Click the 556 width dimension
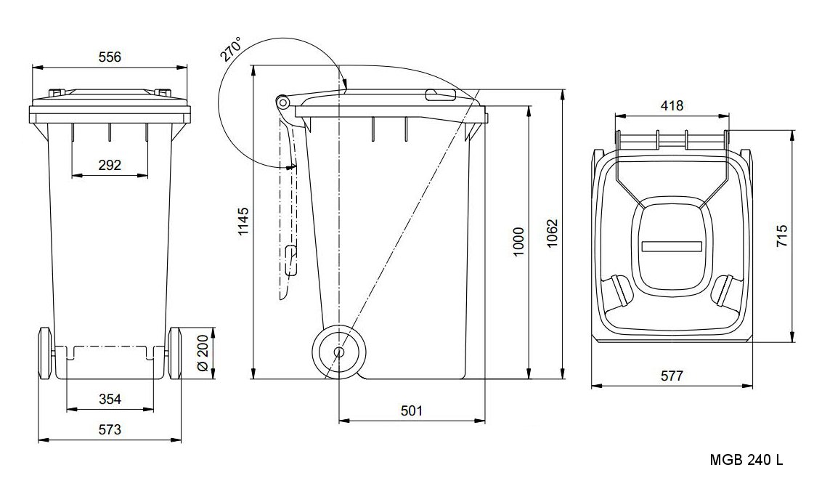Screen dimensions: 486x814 pyautogui.click(x=109, y=57)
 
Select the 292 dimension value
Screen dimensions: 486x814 pyautogui.click(x=109, y=166)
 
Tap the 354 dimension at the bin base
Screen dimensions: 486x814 pyautogui.click(x=110, y=399)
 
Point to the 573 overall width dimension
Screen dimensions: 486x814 pyautogui.click(x=110, y=429)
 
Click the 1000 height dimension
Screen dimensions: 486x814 pyautogui.click(x=518, y=242)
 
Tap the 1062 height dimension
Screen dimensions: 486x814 pyautogui.click(x=553, y=235)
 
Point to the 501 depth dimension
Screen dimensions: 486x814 pyautogui.click(x=411, y=410)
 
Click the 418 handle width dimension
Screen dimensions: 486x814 pyautogui.click(x=672, y=106)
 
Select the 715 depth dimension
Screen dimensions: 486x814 pyautogui.click(x=782, y=237)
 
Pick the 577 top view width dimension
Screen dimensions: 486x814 pyautogui.click(x=672, y=376)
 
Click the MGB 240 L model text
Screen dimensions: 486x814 pyautogui.click(x=746, y=460)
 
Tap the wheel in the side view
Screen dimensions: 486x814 pyautogui.click(x=339, y=352)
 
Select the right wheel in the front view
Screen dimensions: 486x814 pyautogui.click(x=175, y=352)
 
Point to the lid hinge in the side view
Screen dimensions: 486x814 pyautogui.click(x=281, y=102)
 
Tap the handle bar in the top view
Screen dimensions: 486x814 pyautogui.click(x=672, y=139)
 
